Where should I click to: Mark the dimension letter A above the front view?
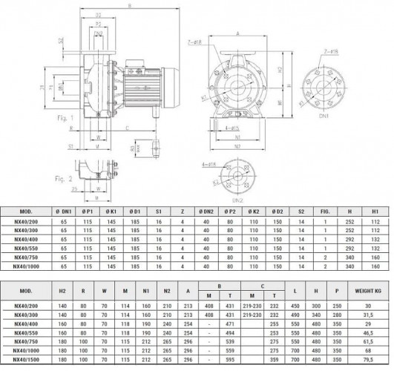(237, 33)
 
